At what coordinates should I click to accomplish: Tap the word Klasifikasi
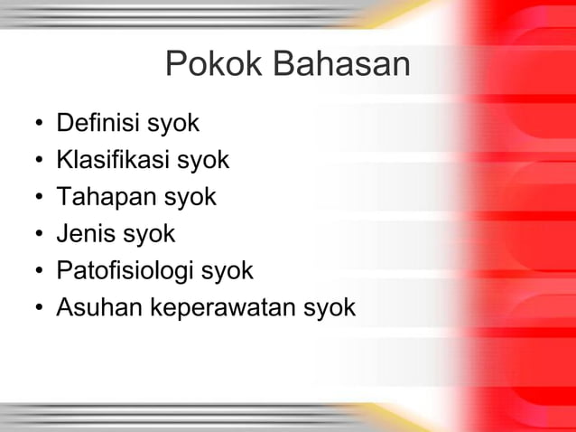tap(112, 160)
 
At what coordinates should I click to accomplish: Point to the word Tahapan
tap(100, 197)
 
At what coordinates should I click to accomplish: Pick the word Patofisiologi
tap(125, 271)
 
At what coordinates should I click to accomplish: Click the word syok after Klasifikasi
tap(202, 161)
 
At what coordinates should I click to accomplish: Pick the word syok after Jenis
tap(149, 235)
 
